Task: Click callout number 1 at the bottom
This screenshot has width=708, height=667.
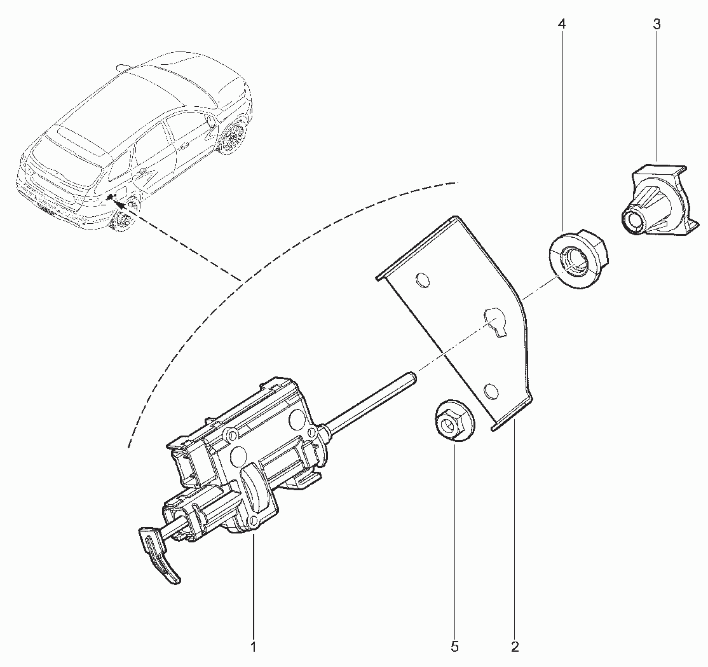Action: click(x=254, y=647)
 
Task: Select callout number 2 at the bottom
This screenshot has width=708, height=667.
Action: click(x=515, y=647)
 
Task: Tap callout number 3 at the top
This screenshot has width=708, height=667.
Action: click(x=657, y=24)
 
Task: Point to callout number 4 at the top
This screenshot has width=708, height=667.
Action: click(x=562, y=24)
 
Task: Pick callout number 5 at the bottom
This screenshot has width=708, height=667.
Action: click(x=454, y=647)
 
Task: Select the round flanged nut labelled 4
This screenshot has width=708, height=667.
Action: click(x=578, y=259)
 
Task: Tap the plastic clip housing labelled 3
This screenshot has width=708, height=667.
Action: click(x=653, y=198)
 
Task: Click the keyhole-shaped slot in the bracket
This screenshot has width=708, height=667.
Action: click(x=495, y=321)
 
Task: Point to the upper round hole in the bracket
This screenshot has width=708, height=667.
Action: click(x=422, y=280)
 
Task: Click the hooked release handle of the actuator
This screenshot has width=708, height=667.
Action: click(x=160, y=554)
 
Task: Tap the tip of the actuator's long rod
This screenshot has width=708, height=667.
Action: click(x=412, y=375)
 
